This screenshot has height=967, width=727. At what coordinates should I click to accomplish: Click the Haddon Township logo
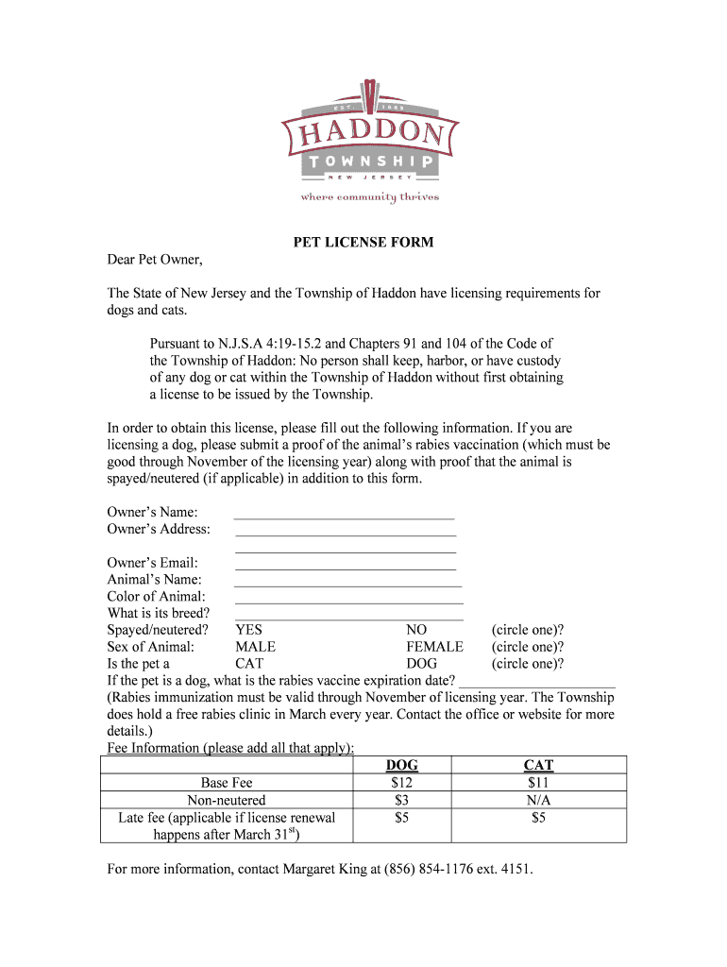pyautogui.click(x=370, y=143)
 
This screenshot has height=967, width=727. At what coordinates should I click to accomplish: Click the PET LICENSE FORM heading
pyautogui.click(x=363, y=243)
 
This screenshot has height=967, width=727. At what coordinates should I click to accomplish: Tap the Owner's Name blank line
pyautogui.click(x=344, y=516)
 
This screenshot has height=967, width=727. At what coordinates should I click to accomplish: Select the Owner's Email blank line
pyautogui.click(x=345, y=567)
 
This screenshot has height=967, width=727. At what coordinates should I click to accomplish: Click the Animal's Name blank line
pyautogui.click(x=347, y=584)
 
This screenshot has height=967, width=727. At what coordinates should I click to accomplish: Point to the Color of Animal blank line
pyautogui.click(x=348, y=601)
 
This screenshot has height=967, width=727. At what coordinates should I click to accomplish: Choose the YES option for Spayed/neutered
pyautogui.click(x=249, y=630)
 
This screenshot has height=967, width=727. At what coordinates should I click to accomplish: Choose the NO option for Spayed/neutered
pyautogui.click(x=416, y=630)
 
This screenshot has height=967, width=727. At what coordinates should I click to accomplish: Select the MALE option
pyautogui.click(x=255, y=647)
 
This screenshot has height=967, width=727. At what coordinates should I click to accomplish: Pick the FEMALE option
pyautogui.click(x=434, y=647)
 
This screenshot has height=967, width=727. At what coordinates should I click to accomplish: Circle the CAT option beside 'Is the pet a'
pyautogui.click(x=249, y=664)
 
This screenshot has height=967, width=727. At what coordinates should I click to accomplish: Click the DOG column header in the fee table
pyautogui.click(x=402, y=765)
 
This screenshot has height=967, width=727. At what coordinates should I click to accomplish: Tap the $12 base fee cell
pyautogui.click(x=402, y=783)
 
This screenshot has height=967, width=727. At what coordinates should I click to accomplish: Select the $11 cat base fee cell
pyautogui.click(x=538, y=783)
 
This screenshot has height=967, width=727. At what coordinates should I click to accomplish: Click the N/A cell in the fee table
pyautogui.click(x=538, y=800)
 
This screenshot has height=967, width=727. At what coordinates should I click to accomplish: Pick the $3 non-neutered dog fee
pyautogui.click(x=402, y=800)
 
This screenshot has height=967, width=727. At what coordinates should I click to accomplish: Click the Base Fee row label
pyautogui.click(x=227, y=783)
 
